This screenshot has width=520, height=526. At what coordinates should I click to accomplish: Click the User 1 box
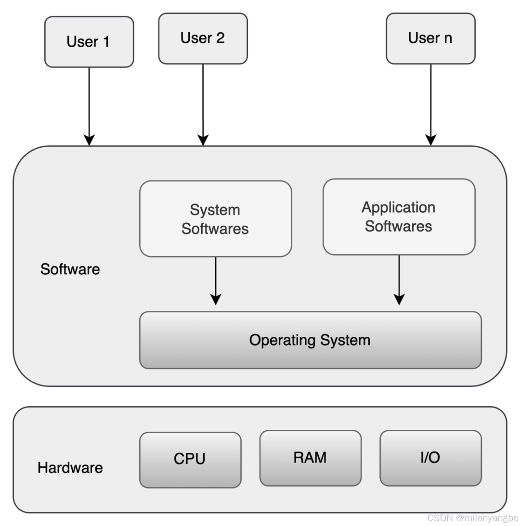pos(89,42)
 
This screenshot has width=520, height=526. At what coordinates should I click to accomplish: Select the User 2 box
pos(203,38)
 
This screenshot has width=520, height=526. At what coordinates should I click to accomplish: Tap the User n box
pos(430,38)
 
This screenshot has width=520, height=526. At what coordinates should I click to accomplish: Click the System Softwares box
pos(215,219)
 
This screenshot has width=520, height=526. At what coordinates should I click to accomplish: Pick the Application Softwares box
pos(399,217)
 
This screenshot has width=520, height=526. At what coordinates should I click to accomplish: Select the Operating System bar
pos(310,340)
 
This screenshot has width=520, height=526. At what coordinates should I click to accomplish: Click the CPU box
pos(190,459)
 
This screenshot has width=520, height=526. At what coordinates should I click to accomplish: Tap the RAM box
pos(310,458)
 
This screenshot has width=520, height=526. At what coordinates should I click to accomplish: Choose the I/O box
pos(430,458)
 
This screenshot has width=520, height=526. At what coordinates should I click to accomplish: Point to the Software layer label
pos(70,269)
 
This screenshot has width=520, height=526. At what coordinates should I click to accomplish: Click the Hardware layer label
pos(70,468)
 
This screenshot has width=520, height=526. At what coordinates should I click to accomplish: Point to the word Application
pos(399,207)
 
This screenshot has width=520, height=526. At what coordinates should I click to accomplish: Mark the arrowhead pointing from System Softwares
pos(216,299)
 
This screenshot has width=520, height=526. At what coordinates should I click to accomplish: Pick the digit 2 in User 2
pos(220,38)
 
